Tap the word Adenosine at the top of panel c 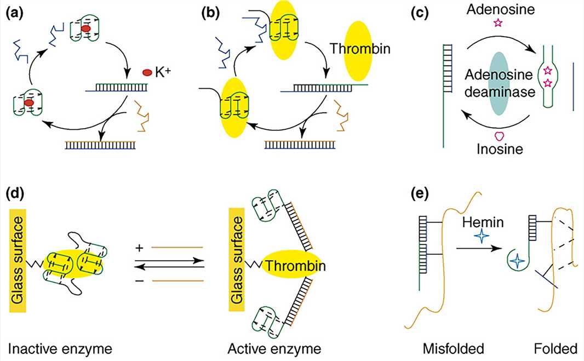click(497, 8)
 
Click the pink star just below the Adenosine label click(497, 23)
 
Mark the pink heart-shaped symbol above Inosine click(499, 135)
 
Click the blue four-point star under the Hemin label click(482, 237)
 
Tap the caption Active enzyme click(274, 348)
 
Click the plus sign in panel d click(140, 248)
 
